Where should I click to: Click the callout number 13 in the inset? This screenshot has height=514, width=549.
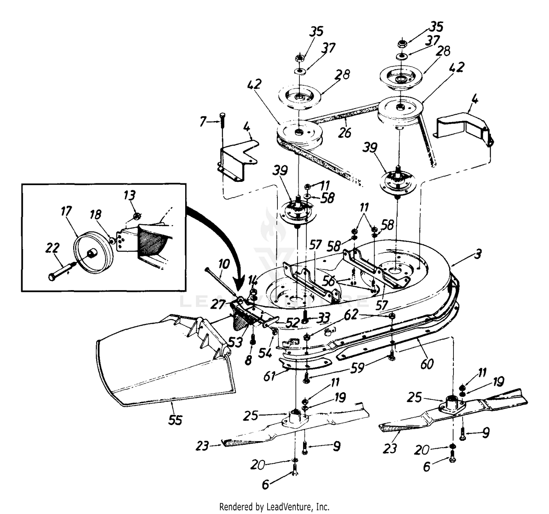pyautogui.click(x=129, y=195)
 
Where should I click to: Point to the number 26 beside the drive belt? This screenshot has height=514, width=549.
pyautogui.click(x=344, y=132)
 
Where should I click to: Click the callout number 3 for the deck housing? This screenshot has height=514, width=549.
pyautogui.click(x=478, y=254)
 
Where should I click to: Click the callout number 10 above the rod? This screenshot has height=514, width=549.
pyautogui.click(x=224, y=264)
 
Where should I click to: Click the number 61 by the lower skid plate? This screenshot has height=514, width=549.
pyautogui.click(x=269, y=376)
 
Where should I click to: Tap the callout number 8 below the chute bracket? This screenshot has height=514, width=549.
pyautogui.click(x=249, y=360)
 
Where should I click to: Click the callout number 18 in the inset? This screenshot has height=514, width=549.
pyautogui.click(x=96, y=214)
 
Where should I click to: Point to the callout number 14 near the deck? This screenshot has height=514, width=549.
pyautogui.click(x=253, y=282)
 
